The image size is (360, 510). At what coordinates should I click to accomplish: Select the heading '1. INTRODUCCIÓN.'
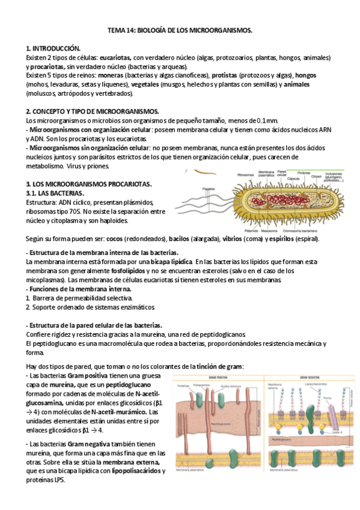53,48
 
